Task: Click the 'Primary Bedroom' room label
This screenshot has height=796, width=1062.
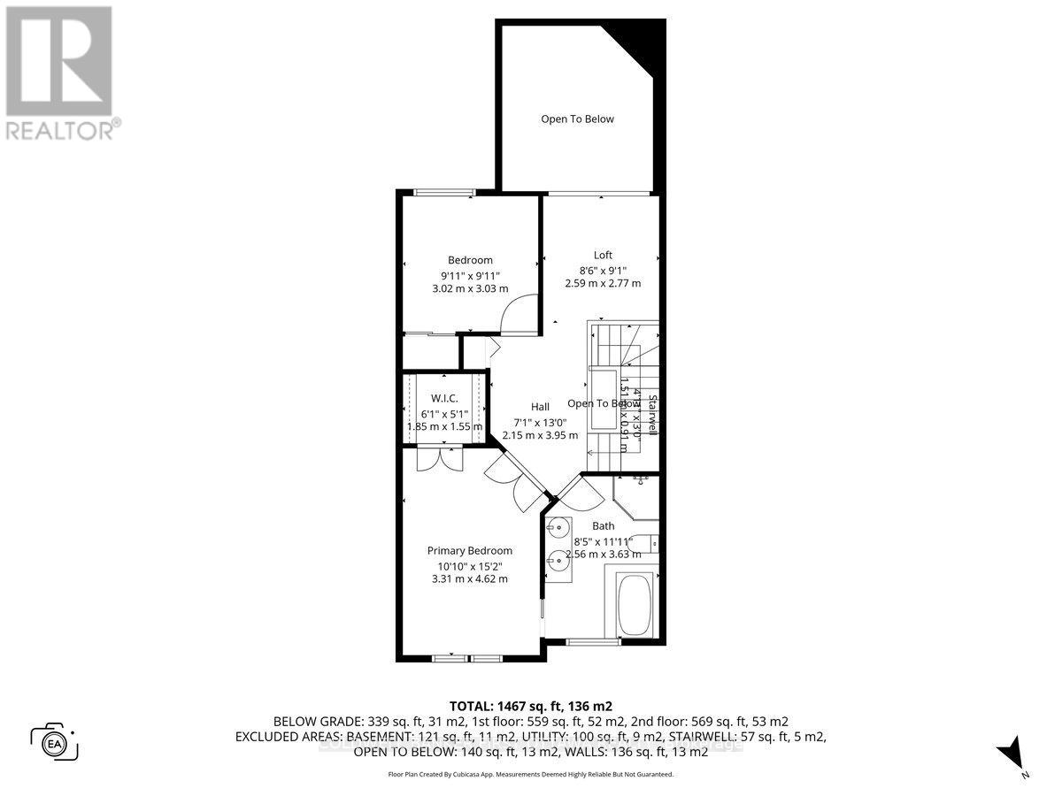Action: click(x=469, y=550)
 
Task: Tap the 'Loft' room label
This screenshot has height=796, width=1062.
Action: click(x=603, y=255)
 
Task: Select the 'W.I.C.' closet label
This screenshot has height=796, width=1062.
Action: click(x=443, y=397)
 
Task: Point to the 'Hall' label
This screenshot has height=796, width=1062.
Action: click(x=540, y=406)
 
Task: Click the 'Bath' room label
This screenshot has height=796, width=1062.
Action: click(x=603, y=525)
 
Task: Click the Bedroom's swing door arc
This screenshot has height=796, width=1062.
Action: click(x=516, y=314)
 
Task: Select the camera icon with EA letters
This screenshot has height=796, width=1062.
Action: click(x=55, y=740)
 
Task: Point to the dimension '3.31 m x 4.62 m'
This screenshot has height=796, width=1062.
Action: click(x=469, y=578)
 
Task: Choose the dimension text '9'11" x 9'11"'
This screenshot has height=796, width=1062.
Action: click(x=469, y=274)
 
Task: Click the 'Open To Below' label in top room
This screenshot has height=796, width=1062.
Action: click(x=577, y=119)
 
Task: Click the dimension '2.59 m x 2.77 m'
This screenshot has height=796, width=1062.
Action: click(x=603, y=283)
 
